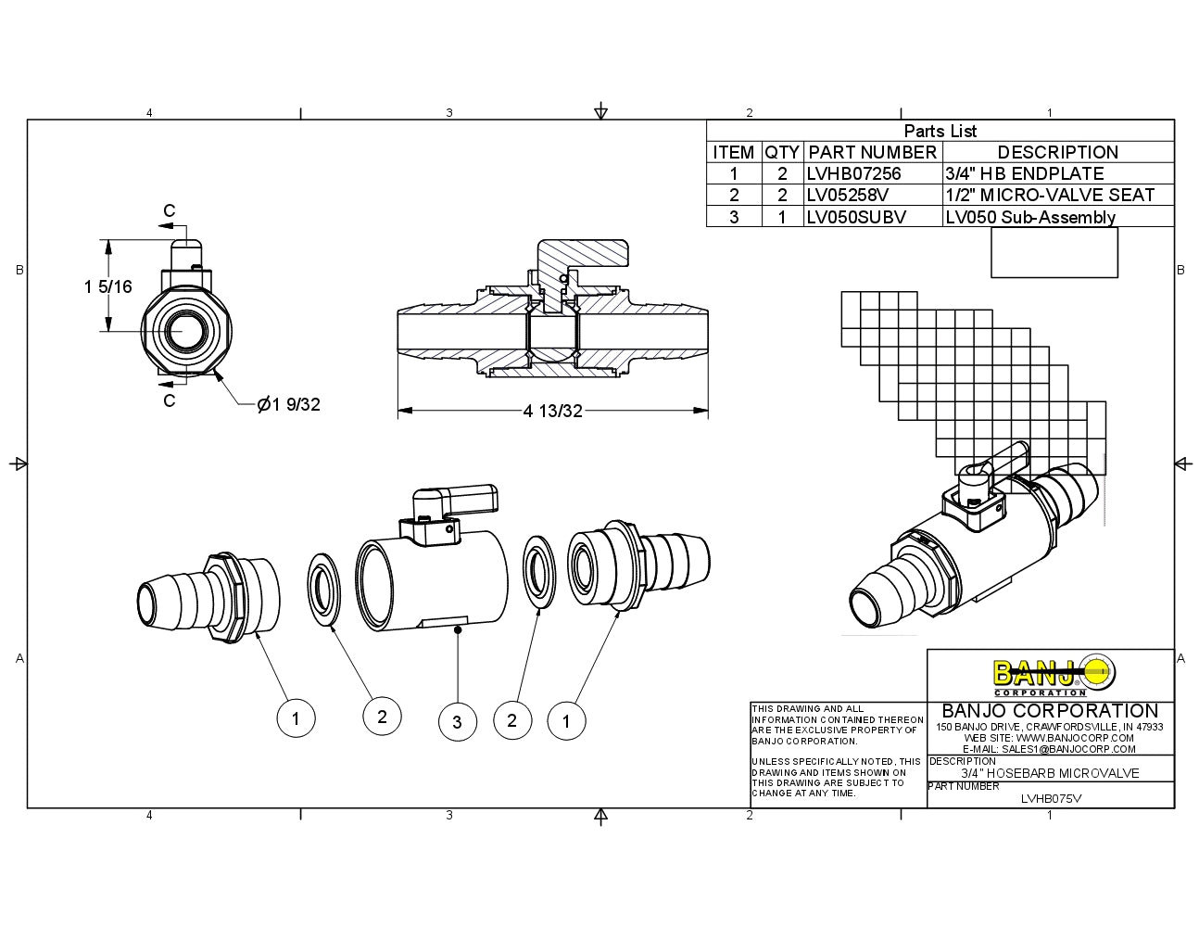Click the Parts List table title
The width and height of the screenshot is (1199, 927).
940,131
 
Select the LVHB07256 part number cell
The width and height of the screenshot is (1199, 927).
853,174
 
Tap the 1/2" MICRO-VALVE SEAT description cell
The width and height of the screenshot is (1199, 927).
1050,196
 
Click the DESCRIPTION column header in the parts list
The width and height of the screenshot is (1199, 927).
1057,153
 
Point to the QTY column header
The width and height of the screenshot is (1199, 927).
782,153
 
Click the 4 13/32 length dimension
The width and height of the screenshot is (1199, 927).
552,411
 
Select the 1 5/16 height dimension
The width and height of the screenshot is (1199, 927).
108,286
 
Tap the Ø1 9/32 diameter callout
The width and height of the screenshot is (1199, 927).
289,404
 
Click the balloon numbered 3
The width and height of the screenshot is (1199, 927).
457,721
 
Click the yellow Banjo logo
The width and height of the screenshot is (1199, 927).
1054,675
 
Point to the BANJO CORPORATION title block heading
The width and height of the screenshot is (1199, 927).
1050,711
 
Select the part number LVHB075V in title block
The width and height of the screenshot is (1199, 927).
1051,798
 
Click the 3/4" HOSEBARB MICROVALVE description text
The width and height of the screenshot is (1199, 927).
1050,773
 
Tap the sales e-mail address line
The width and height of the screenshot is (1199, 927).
1049,749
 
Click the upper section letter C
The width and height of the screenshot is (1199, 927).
169,211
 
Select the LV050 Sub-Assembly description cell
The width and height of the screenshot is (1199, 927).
1030,218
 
